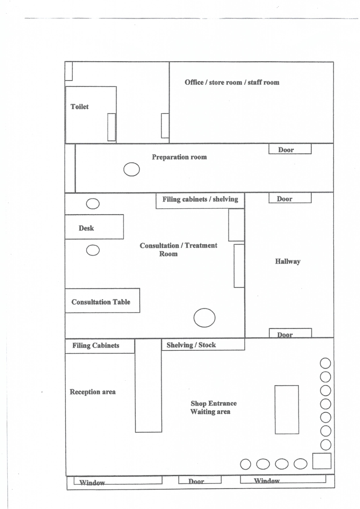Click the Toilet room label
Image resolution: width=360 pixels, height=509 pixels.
[79, 107]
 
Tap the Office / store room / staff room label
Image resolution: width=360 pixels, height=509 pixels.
[232, 83]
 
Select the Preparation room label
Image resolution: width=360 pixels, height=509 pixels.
[180, 157]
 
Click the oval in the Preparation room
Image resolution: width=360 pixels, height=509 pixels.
[131, 170]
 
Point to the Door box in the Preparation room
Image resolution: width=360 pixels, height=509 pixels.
[290, 149]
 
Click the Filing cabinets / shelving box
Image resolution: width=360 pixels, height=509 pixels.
[200, 201]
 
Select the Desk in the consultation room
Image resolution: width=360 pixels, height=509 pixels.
[94, 227]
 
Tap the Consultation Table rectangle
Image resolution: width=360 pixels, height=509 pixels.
[102, 301]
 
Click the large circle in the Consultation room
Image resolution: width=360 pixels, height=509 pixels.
[204, 318]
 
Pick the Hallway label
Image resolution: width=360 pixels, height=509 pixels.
[287, 261]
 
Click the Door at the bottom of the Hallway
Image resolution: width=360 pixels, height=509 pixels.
[290, 333]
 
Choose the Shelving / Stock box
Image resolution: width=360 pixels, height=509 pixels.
[203, 344]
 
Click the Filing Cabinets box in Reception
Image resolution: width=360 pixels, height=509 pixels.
[100, 346]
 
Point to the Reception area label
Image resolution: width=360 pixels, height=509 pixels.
[93, 392]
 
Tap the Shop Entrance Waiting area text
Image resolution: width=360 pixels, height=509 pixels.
[214, 407]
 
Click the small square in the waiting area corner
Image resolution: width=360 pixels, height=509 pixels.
[322, 461]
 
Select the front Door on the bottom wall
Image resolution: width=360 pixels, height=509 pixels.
[200, 480]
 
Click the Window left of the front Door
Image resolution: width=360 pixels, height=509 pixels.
[118, 480]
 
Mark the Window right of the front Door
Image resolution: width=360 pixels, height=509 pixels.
[283, 479]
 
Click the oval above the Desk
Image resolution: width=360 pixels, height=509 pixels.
[93, 204]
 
